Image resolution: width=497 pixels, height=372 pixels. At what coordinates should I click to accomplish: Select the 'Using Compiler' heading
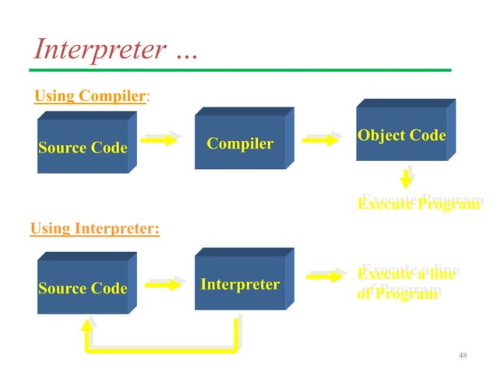pyautogui.click(x=90, y=97)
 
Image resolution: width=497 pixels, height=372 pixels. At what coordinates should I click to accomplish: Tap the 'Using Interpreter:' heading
pyautogui.click(x=94, y=229)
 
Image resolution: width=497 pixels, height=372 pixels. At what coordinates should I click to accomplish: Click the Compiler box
pyautogui.click(x=240, y=143)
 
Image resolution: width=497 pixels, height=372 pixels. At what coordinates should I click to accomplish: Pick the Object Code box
pyautogui.click(x=401, y=135)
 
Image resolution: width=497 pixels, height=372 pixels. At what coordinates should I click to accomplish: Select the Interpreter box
pyautogui.click(x=240, y=284)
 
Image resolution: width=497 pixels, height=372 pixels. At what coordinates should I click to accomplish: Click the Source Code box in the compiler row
pyautogui.click(x=83, y=147)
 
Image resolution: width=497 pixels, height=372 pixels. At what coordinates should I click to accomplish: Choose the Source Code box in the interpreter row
pyautogui.click(x=83, y=288)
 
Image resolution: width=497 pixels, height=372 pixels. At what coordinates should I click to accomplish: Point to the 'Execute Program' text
pyautogui.click(x=419, y=204)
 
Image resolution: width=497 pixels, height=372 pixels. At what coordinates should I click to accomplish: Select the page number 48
pyautogui.click(x=463, y=356)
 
